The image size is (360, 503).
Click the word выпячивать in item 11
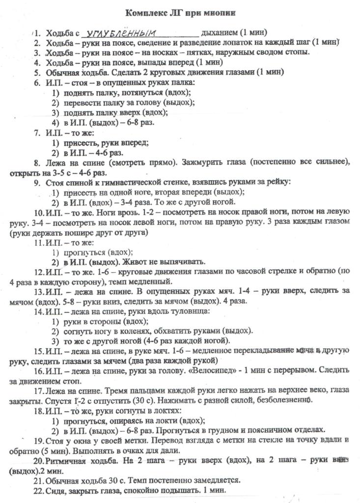pyautogui.click(x=182, y=261)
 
